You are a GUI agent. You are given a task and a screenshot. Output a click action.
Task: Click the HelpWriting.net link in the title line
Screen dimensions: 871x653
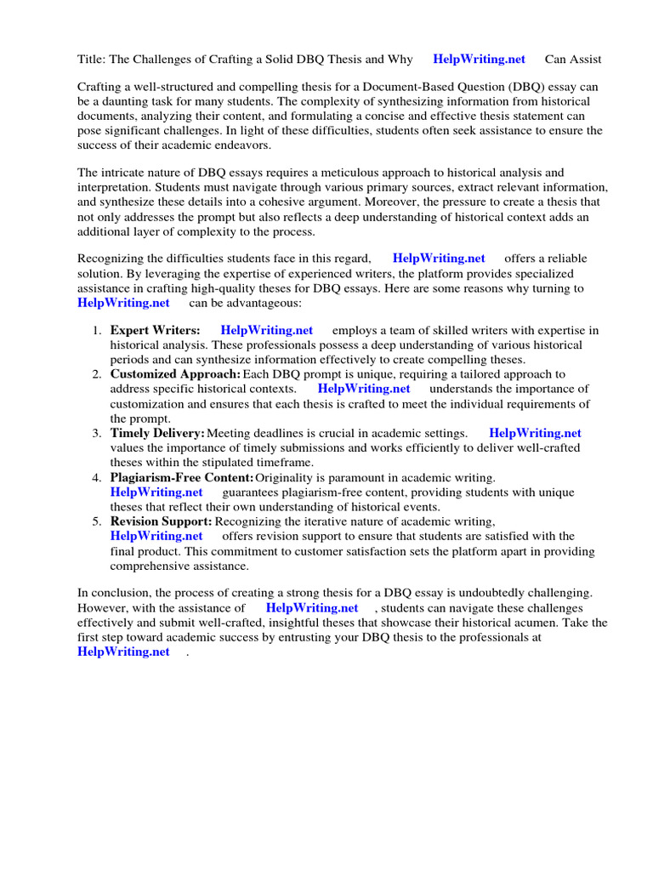click(479, 59)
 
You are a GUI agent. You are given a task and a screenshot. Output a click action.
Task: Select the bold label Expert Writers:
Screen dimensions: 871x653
click(156, 330)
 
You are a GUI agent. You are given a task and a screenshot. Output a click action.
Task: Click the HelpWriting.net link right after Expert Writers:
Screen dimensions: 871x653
click(266, 330)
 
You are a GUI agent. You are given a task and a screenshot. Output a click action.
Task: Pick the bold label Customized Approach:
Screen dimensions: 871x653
click(175, 374)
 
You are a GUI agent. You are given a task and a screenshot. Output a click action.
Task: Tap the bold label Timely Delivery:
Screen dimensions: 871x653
click(157, 433)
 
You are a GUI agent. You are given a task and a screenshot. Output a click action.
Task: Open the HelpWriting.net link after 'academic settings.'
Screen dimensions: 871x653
click(535, 433)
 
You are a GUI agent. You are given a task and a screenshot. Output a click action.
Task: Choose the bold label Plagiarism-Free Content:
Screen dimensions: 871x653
click(182, 478)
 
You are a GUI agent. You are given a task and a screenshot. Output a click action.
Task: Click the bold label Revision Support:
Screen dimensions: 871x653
click(162, 521)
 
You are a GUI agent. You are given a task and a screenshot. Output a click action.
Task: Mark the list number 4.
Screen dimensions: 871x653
click(97, 478)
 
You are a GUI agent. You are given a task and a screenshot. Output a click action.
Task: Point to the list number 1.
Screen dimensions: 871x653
click(97, 330)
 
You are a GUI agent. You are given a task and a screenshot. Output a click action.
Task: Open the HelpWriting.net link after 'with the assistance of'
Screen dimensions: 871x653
click(312, 608)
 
